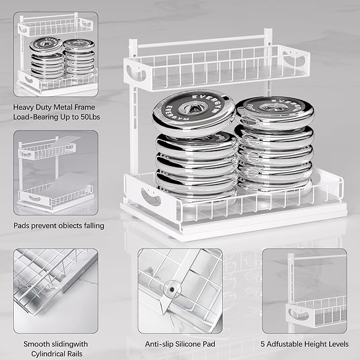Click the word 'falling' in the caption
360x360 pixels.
92,225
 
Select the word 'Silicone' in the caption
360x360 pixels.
190,344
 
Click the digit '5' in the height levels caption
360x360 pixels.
263,344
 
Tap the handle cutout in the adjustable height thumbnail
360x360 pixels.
301,315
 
